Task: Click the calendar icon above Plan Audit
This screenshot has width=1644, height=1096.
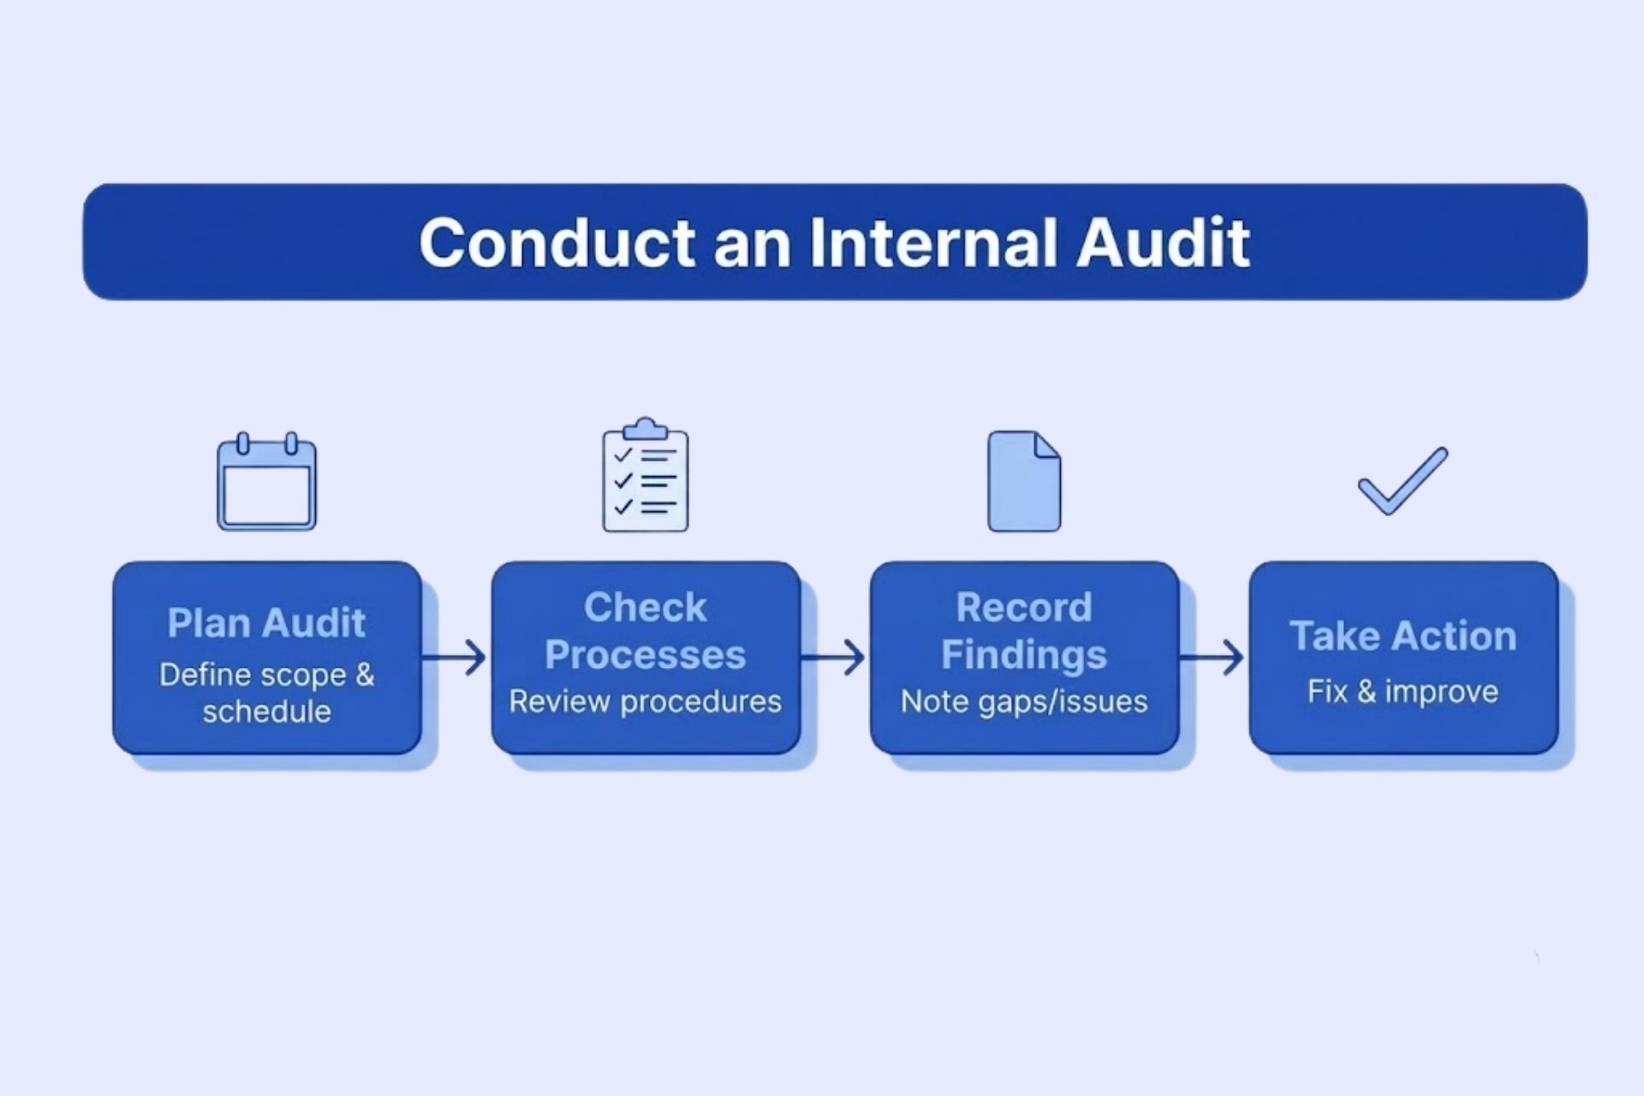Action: tap(266, 483)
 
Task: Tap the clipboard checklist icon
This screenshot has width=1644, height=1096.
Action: tap(646, 477)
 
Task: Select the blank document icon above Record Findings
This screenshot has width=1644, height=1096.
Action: tap(1024, 481)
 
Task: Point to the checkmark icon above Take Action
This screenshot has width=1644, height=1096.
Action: tap(1403, 481)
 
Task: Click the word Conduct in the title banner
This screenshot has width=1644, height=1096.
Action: tap(557, 243)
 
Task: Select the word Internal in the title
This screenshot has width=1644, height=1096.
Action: tap(933, 243)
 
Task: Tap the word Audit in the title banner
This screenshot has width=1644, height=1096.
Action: tap(1163, 243)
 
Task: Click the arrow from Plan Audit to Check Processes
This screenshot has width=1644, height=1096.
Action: tap(456, 658)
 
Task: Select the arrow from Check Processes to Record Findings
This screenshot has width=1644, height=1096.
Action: tap(834, 658)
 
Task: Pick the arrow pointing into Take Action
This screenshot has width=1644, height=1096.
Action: tap(1213, 658)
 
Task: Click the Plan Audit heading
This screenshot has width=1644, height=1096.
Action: tap(266, 622)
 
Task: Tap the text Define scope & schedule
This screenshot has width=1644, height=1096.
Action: tap(266, 693)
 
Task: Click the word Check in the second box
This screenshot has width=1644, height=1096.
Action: tap(646, 608)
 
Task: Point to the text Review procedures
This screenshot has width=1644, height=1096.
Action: tap(646, 702)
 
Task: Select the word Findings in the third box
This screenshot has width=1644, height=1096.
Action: tap(1024, 655)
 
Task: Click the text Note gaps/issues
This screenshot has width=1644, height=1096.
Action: tap(1024, 702)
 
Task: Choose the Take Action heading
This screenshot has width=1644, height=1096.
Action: tap(1403, 636)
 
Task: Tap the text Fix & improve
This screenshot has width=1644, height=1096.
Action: tap(1403, 692)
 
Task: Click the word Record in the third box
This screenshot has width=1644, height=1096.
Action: tap(1024, 608)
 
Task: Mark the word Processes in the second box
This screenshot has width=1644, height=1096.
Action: tap(646, 655)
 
